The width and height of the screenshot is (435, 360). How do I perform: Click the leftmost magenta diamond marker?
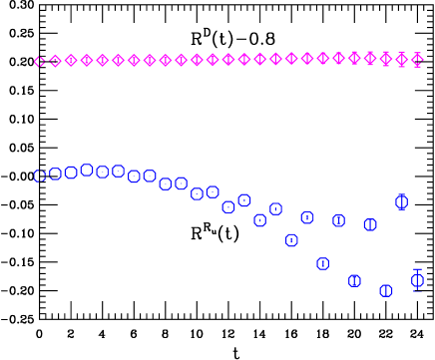coord(40,62)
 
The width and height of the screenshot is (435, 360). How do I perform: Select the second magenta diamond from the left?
coord(55,61)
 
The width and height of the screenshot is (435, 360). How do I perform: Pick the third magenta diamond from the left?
coord(71,60)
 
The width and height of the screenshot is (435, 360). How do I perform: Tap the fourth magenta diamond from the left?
coord(87,60)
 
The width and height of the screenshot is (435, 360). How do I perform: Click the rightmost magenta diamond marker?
coord(417,60)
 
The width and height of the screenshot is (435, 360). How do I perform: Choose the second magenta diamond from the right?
coord(402,60)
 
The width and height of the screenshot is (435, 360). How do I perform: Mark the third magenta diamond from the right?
coord(386,59)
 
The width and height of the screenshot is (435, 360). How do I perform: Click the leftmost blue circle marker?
coord(40,176)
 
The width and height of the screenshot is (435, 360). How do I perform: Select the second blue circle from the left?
coord(55,174)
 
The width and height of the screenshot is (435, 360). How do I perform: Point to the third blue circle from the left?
coord(71,172)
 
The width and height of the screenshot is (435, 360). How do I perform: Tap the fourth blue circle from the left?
coord(87,170)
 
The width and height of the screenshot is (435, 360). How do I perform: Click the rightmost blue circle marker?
coord(417,280)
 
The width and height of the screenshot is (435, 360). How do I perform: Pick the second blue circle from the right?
coord(402,201)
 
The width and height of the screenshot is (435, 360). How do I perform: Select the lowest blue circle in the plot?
coord(386,290)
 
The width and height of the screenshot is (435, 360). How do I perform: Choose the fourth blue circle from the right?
coord(370,224)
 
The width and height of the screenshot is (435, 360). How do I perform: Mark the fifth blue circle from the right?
coord(354,280)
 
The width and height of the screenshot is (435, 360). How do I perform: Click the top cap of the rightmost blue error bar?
coord(417,269)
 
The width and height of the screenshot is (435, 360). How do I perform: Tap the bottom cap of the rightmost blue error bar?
coord(417,292)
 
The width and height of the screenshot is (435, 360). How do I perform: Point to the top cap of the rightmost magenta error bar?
coord(417,53)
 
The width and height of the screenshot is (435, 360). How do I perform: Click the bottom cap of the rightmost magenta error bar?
coord(417,67)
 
